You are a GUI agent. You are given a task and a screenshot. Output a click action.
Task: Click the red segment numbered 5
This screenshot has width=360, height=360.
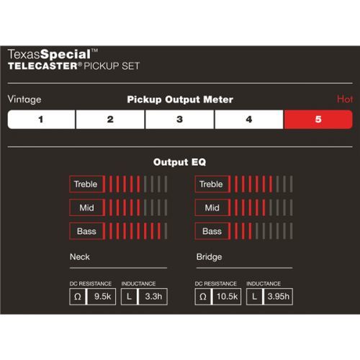pyautogui.click(x=318, y=120)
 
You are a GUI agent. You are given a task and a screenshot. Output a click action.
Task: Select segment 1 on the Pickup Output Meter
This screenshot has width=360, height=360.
pyautogui.click(x=41, y=120)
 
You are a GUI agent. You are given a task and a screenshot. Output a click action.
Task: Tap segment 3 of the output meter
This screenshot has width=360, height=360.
pyautogui.click(x=179, y=120)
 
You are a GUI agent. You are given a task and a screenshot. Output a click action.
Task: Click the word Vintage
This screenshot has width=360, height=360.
pyautogui.click(x=24, y=99)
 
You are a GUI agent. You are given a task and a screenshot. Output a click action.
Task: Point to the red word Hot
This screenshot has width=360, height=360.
pyautogui.click(x=345, y=99)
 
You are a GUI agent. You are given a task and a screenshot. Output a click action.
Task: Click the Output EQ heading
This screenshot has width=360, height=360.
pyautogui.click(x=179, y=162)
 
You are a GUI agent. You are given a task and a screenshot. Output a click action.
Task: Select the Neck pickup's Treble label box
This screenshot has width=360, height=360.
pyautogui.click(x=87, y=184)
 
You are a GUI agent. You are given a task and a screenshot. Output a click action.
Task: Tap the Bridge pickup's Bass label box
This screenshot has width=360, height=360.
pyautogui.click(x=212, y=231)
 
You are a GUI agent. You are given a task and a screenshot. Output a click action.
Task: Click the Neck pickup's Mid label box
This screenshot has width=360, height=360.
pyautogui.click(x=87, y=207)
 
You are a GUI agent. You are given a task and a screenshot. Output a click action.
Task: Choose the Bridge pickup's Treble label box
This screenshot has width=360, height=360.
pyautogui.click(x=212, y=184)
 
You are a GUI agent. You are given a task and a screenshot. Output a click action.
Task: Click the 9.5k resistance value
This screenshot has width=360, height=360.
pyautogui.click(x=102, y=297)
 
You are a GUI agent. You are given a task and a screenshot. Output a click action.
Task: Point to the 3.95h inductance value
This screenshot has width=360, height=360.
pyautogui.click(x=279, y=297)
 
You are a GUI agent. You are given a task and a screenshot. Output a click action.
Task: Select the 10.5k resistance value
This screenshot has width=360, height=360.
pyautogui.click(x=227, y=297)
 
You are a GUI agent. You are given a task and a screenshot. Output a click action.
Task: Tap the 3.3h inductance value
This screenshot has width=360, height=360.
pyautogui.click(x=153, y=297)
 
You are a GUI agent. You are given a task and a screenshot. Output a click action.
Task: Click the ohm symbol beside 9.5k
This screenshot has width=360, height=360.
pyautogui.click(x=78, y=297)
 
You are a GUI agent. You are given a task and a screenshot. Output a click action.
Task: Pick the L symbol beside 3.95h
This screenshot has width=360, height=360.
pyautogui.click(x=254, y=297)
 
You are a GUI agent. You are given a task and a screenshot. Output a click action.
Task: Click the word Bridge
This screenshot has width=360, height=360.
pyautogui.click(x=209, y=257)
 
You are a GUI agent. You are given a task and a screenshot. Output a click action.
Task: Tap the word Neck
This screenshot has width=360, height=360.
pyautogui.click(x=80, y=257)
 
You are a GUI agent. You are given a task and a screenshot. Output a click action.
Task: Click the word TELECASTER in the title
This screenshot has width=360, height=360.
pyautogui.click(x=42, y=66)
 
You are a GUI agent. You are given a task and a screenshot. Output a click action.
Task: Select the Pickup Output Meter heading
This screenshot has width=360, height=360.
pyautogui.click(x=180, y=99)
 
